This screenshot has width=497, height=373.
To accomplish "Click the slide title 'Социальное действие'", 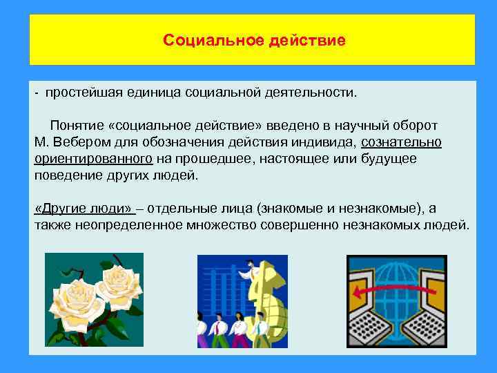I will point(254,40).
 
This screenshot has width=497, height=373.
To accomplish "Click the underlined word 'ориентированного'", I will point(93,159).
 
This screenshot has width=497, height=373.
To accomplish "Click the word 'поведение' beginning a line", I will point(64,175).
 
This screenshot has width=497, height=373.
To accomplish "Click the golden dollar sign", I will point(265,297).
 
